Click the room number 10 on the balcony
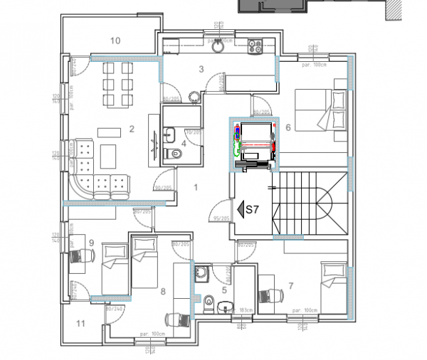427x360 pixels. pyautogui.click(x=115, y=41)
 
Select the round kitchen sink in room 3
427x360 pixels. pyautogui.click(x=215, y=51)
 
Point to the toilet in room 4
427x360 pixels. pyautogui.click(x=170, y=154)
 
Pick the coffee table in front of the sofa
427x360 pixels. pyautogui.click(x=109, y=154)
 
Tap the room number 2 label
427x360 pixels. pyautogui.click(x=132, y=129)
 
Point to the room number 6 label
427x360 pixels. pyautogui.click(x=288, y=127)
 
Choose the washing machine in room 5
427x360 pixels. pyautogui.click(x=202, y=271)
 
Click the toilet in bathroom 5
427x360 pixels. pyautogui.click(x=208, y=303)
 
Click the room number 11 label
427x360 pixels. pyautogui.click(x=80, y=324)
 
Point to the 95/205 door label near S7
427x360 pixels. pyautogui.click(x=221, y=218)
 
